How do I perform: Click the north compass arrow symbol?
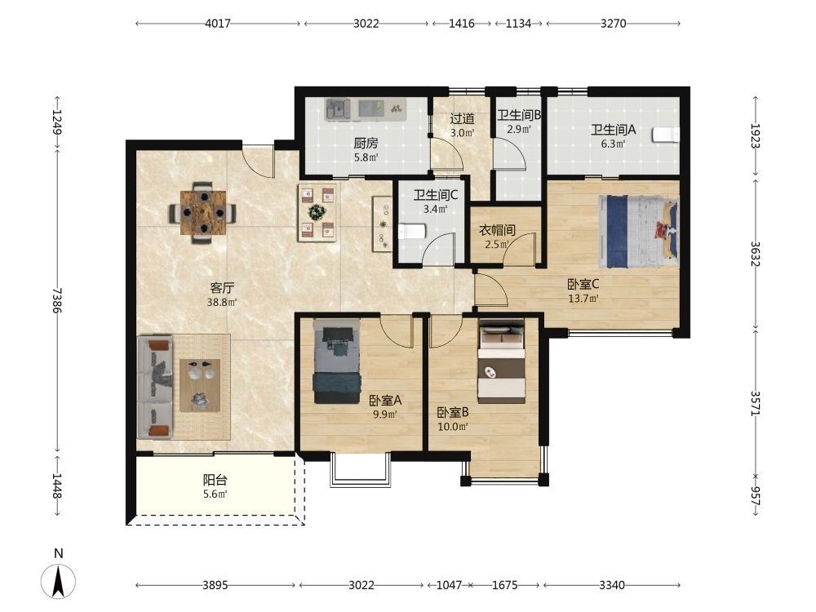pyautogui.click(x=58, y=579)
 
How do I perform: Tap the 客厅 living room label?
pyautogui.click(x=222, y=287)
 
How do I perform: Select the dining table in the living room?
pyautogui.click(x=203, y=212)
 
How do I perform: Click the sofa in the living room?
pyautogui.click(x=155, y=388)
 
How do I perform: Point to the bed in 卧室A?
pyautogui.click(x=337, y=361)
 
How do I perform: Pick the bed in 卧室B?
pyautogui.click(x=502, y=361)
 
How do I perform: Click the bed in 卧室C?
pyautogui.click(x=639, y=231)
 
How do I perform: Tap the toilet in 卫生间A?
pyautogui.click(x=666, y=135)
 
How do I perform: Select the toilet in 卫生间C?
pyautogui.click(x=412, y=231)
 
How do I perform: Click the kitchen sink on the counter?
pyautogui.click(x=338, y=109)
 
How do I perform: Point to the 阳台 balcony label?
pyautogui.click(x=215, y=480)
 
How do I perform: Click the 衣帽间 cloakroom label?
pyautogui.click(x=497, y=229)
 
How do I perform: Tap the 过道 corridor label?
pyautogui.click(x=462, y=118)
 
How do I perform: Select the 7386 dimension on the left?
pyautogui.click(x=57, y=300)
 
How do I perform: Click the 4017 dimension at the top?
pyautogui.click(x=218, y=24)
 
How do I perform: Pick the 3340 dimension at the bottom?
pyautogui.click(x=611, y=585)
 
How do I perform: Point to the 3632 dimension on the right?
pyautogui.click(x=756, y=254)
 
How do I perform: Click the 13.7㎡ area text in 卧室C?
pyautogui.click(x=583, y=299)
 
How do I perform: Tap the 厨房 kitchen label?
pyautogui.click(x=366, y=143)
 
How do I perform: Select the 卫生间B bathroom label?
pyautogui.click(x=519, y=115)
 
